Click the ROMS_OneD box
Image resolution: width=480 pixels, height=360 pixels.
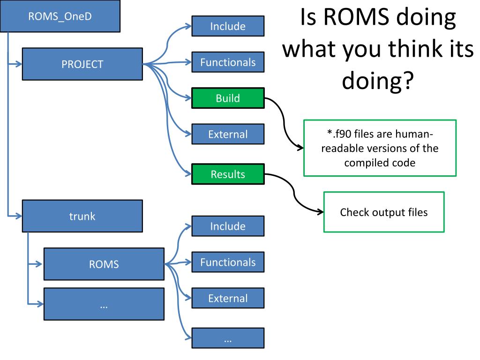click(60, 16)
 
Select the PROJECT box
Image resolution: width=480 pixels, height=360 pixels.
click(82, 64)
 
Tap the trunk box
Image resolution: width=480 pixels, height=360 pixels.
click(82, 216)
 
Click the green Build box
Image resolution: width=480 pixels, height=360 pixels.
click(228, 98)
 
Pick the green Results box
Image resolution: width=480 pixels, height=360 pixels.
click(228, 174)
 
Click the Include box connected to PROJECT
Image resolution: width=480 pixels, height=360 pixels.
click(228, 26)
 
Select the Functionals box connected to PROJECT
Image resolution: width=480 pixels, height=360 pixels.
click(228, 62)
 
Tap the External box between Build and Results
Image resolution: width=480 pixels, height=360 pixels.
click(228, 134)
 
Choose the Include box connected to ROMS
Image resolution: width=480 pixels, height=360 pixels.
click(228, 226)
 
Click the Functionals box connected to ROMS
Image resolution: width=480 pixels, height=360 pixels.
click(228, 262)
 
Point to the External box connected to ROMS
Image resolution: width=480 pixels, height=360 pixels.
click(228, 298)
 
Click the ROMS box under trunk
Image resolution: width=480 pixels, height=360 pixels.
click(104, 264)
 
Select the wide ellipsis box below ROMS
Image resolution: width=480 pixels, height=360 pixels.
click(104, 304)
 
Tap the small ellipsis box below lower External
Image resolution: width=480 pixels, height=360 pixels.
click(228, 338)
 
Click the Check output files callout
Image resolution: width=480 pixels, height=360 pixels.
click(384, 212)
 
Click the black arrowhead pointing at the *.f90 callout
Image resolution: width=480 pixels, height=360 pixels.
click(300, 148)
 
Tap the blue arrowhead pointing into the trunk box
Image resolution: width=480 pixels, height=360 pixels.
click(19, 216)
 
